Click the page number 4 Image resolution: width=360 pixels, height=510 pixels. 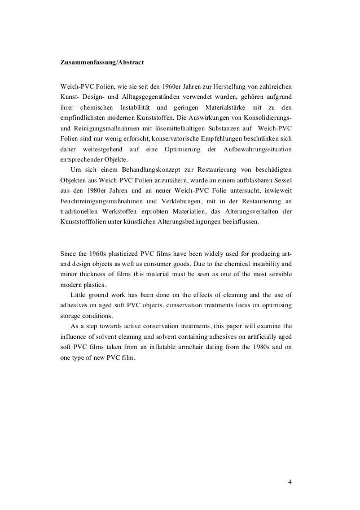pyautogui.click(x=289, y=482)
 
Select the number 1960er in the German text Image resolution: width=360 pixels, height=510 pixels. pyautogui.click(x=175, y=87)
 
